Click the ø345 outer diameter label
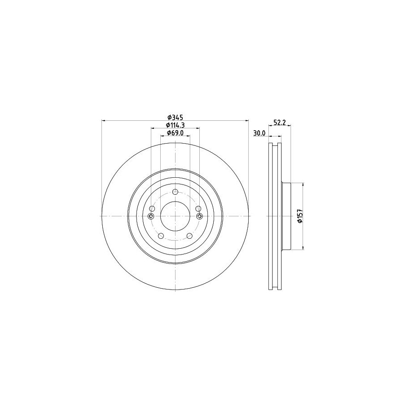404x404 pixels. (175, 118)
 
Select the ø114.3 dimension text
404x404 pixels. (176, 125)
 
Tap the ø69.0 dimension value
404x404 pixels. (175, 133)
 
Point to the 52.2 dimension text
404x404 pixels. (279, 123)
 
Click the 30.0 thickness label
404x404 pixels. (259, 133)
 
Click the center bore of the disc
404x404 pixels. (175, 216)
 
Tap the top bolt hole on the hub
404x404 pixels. (175, 192)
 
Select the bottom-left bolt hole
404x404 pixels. (161, 236)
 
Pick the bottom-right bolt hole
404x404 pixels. (189, 236)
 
